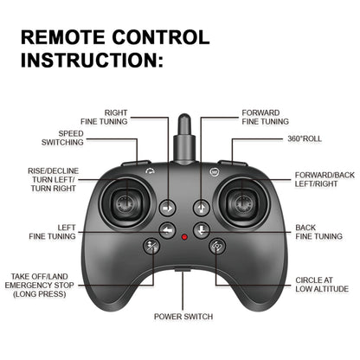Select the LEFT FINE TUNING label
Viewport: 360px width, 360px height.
coord(52,231)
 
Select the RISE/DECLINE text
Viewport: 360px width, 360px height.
coord(52,170)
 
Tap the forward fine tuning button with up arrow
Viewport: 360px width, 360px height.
coord(201,208)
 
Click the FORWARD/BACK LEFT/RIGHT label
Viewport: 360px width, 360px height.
coord(325,179)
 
